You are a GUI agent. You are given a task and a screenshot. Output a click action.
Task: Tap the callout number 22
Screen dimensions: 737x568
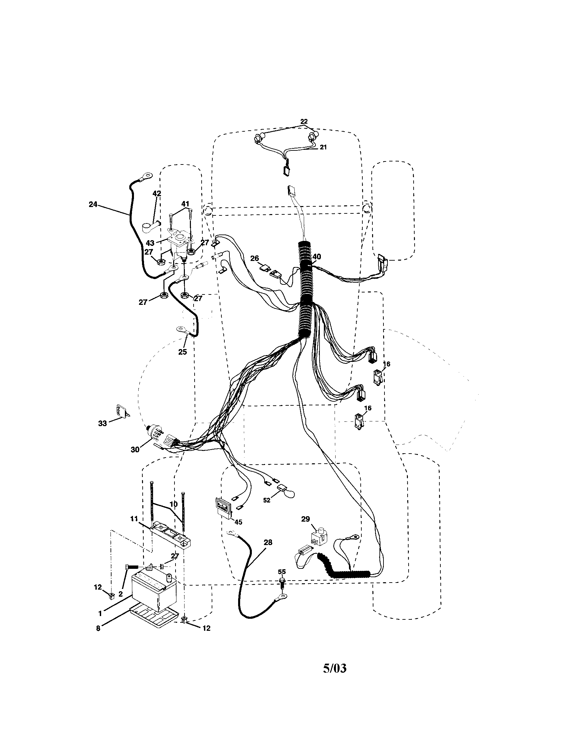(304, 121)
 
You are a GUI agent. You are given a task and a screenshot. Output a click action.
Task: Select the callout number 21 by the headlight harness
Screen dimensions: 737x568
(323, 147)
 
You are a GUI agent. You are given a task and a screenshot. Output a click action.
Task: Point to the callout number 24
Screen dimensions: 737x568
(93, 204)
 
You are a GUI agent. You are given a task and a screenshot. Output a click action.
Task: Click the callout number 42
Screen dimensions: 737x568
(157, 193)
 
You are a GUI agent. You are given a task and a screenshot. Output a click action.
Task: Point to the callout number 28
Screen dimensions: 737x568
(268, 542)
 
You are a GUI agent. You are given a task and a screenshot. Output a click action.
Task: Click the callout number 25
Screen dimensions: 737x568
(183, 352)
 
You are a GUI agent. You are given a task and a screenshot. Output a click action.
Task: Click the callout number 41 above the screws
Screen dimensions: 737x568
(185, 203)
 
